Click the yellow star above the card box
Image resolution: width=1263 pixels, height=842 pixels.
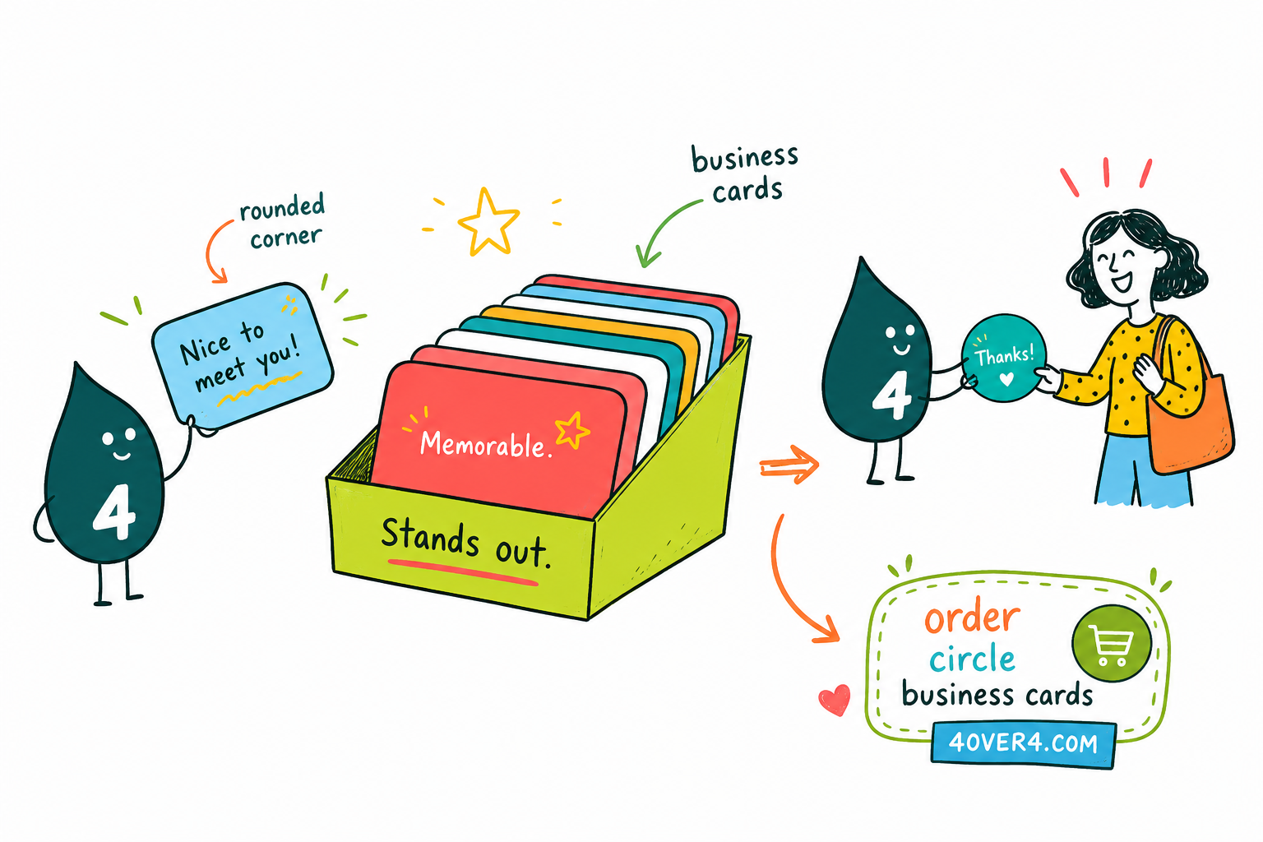click(x=488, y=222)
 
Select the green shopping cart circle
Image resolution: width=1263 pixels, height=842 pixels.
click(x=1112, y=644)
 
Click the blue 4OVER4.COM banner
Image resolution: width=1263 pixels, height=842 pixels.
click(x=1024, y=743)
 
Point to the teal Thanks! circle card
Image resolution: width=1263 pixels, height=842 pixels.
click(x=1004, y=358)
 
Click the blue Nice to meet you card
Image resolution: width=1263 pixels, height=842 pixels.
click(x=243, y=355)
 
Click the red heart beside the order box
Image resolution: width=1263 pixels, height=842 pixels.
click(x=835, y=699)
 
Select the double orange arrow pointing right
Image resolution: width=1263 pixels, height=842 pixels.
click(x=789, y=465)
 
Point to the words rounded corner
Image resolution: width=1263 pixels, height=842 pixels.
click(x=284, y=221)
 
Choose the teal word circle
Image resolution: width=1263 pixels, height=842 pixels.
click(x=972, y=658)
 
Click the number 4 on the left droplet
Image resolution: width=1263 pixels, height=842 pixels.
click(x=114, y=511)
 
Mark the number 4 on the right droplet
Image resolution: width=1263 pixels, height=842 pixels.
click(x=891, y=395)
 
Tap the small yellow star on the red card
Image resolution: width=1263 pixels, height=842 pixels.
click(x=571, y=430)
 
